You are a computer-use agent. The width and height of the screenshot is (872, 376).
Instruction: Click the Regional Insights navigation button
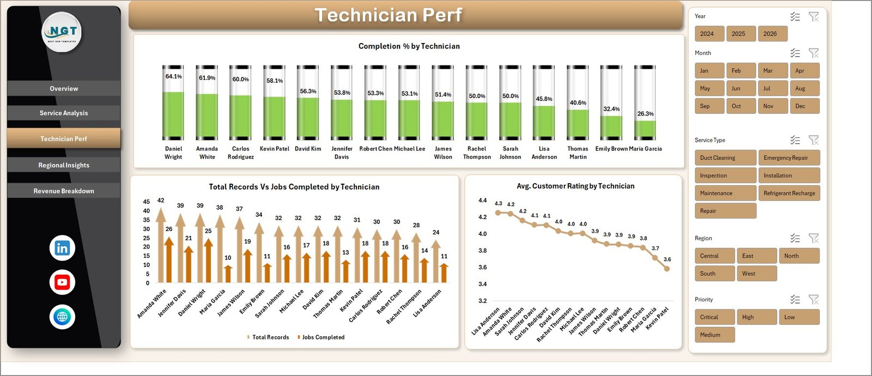click(64, 165)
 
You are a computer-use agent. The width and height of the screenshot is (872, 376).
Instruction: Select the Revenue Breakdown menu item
click(64, 191)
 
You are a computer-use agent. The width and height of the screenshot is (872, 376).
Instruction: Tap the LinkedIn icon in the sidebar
click(62, 248)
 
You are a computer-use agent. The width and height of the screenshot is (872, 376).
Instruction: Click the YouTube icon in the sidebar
click(62, 282)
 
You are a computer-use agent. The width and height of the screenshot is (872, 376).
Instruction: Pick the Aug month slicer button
click(804, 88)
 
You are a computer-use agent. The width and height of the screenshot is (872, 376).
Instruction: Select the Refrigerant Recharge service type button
click(789, 193)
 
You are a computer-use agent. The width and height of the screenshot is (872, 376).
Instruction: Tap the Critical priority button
click(714, 317)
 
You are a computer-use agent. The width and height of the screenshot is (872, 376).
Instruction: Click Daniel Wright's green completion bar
click(173, 116)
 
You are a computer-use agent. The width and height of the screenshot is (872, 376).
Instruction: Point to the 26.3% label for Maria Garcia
click(645, 114)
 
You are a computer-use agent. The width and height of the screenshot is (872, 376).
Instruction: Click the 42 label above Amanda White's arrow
click(161, 201)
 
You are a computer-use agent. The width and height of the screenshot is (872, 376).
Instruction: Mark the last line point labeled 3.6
click(667, 268)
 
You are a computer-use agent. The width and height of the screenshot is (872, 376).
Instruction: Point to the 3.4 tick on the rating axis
click(482, 284)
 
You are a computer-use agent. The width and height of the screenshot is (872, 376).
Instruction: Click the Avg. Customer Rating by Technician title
click(575, 186)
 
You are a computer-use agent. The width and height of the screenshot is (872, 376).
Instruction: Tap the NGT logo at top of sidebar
click(62, 32)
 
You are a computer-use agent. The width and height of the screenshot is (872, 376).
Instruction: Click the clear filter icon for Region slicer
click(813, 238)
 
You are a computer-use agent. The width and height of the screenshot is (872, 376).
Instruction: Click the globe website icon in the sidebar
click(62, 317)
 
